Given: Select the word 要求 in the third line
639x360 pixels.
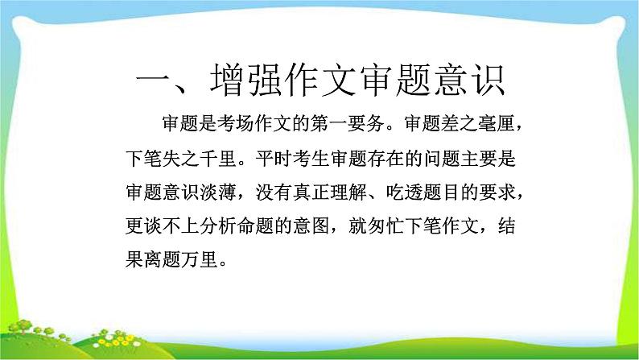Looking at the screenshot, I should pyautogui.click(x=508, y=191).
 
